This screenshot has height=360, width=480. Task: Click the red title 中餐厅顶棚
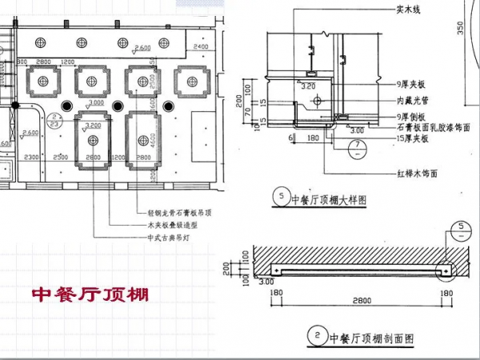click(x=90, y=294)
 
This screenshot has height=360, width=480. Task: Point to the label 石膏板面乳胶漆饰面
click(x=433, y=127)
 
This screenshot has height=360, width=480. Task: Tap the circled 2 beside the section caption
click(x=318, y=338)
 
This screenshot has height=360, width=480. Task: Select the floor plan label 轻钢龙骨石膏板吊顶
click(x=175, y=214)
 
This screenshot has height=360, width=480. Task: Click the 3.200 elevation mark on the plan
click(x=94, y=126)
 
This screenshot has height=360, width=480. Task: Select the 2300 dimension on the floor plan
click(x=33, y=157)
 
